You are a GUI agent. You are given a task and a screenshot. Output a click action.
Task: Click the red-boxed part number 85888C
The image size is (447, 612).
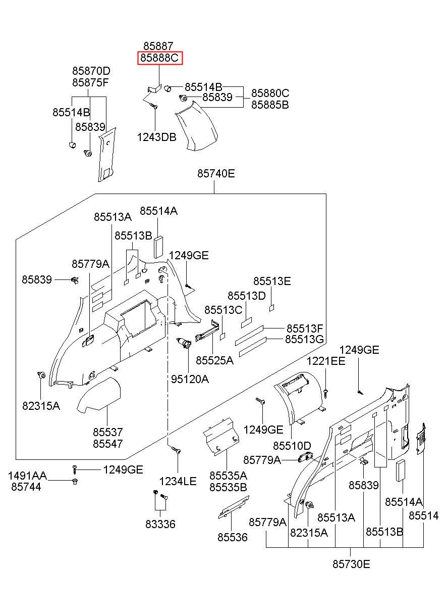(159, 58)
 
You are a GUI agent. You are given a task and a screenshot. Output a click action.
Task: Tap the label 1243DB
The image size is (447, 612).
(156, 137)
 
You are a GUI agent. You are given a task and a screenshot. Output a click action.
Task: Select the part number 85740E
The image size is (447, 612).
(216, 173)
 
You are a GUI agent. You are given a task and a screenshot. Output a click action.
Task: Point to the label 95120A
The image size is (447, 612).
(190, 379)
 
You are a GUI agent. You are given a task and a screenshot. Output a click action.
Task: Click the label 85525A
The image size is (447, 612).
(214, 361)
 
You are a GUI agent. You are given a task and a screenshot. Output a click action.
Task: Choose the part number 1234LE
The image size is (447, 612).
(178, 481)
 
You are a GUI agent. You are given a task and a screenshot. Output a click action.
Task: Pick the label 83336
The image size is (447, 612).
(160, 524)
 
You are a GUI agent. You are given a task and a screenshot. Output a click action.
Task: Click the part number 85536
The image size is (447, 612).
(233, 537)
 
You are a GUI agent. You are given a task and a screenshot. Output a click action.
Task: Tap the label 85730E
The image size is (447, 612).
(351, 564)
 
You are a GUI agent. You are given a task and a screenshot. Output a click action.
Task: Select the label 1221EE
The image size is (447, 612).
(326, 361)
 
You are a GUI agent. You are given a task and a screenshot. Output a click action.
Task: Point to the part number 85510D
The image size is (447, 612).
(292, 446)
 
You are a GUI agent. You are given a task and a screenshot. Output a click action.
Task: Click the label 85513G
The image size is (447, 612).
(305, 339)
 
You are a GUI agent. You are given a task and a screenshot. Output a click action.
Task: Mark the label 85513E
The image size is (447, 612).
(272, 281)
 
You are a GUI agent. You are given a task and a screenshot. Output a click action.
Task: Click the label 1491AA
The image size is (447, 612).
(27, 476)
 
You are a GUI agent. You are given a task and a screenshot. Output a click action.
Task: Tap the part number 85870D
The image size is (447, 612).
(91, 71)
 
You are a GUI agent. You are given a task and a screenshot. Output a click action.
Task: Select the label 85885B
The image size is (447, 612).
(270, 105)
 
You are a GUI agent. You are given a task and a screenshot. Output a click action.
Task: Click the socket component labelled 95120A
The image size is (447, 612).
(184, 343)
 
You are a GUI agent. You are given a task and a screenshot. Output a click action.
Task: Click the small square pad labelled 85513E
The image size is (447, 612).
(271, 308)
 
